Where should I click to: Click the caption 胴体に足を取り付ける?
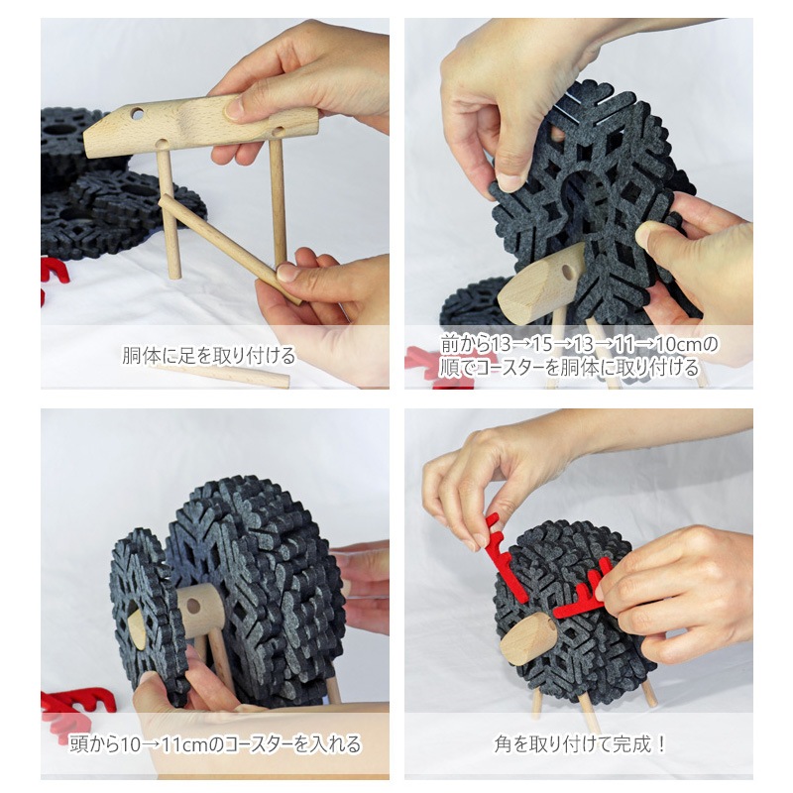click(208, 356)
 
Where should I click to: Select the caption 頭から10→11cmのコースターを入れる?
click(215, 744)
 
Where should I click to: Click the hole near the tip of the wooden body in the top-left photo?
click(137, 113)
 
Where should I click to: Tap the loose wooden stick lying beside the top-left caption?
click(221, 374)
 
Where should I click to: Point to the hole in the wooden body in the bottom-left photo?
click(193, 604)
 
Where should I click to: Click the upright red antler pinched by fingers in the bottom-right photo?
click(506, 555)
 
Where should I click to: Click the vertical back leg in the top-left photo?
click(278, 202)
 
